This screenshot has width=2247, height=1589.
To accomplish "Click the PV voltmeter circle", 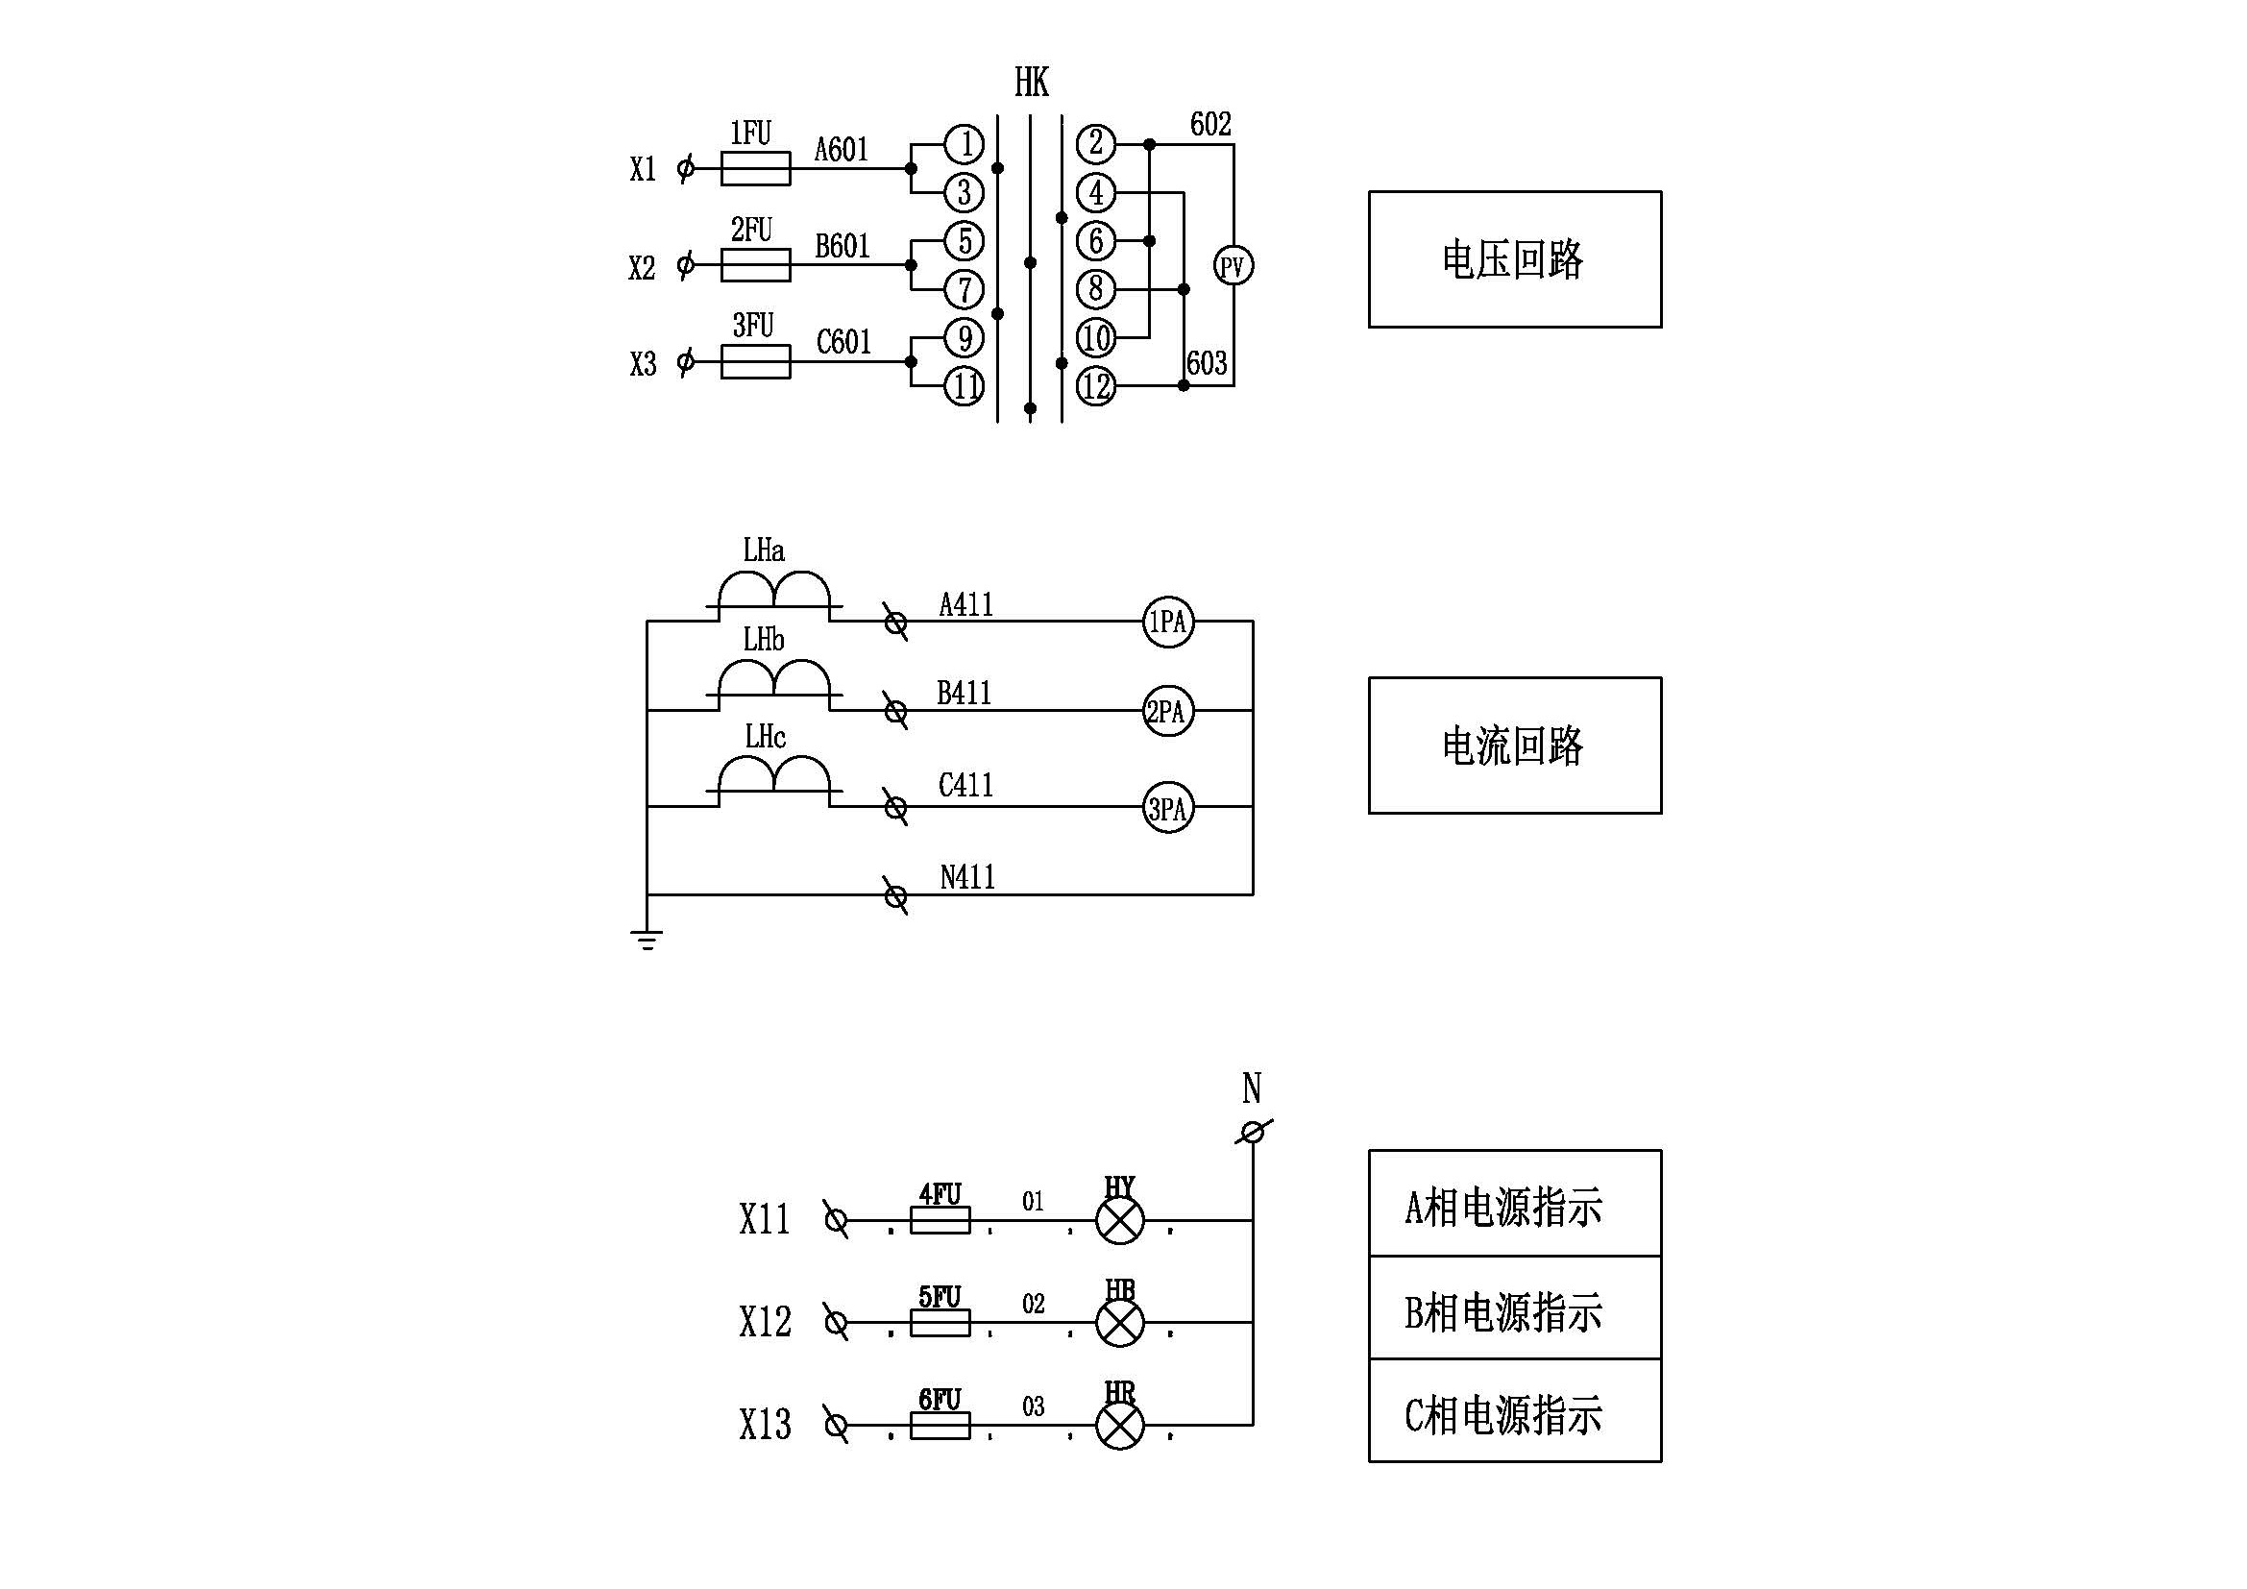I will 1233,265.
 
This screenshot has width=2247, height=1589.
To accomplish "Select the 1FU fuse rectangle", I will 755,168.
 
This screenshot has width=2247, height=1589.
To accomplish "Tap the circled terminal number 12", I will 1096,386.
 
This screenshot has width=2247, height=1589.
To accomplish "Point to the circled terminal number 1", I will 964,144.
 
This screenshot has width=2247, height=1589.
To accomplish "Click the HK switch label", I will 1032,83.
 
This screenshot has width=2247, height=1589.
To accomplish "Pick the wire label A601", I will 842,150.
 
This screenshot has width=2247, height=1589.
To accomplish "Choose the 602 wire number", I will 1210,124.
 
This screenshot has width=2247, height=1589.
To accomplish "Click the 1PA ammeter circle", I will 1167,622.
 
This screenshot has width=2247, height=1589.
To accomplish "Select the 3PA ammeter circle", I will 1167,808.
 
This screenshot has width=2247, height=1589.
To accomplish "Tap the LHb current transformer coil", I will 774,679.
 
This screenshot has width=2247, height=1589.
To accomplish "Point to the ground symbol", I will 647,940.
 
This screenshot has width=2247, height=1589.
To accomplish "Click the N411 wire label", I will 967,877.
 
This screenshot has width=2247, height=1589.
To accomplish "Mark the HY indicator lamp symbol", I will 1119,1220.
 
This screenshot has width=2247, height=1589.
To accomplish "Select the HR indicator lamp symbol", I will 1119,1426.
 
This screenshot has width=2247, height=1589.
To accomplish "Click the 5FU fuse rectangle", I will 940,1323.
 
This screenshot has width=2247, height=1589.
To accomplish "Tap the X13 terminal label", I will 765,1425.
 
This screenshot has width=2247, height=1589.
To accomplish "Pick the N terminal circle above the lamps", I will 1252,1133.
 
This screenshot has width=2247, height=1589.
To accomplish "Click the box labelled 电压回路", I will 1514,259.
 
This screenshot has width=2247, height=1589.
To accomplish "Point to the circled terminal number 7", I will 964,289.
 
